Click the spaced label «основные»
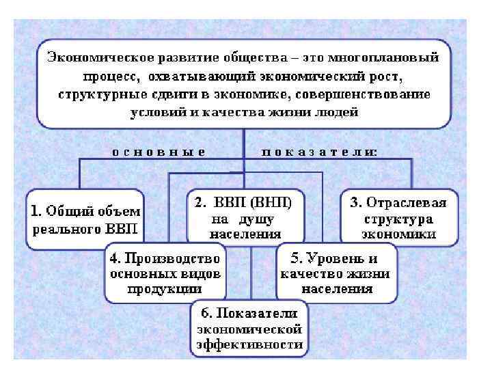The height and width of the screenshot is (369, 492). point(159,151)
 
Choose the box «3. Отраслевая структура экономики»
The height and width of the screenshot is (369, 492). point(398,217)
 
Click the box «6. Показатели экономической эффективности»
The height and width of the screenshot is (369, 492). point(249,329)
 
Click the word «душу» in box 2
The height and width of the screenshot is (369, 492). point(256,219)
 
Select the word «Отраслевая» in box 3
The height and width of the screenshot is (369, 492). point(407,202)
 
